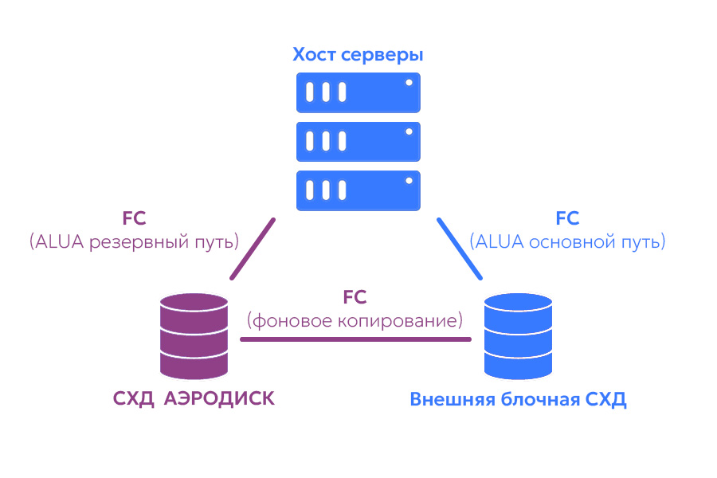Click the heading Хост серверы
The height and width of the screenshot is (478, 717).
pyautogui.click(x=358, y=54)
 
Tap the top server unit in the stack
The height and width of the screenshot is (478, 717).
pyautogui.click(x=358, y=92)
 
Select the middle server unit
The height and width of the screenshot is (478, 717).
pyautogui.click(x=358, y=141)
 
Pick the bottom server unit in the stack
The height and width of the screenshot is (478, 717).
pyautogui.click(x=358, y=190)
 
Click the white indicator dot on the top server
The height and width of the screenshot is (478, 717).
pyautogui.click(x=409, y=82)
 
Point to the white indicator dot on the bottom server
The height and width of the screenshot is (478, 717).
pyautogui.click(x=409, y=181)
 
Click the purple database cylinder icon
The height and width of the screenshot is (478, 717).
pyautogui.click(x=194, y=336)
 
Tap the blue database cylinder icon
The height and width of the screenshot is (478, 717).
pyautogui.click(x=518, y=336)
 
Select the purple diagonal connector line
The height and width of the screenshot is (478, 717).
pyautogui.click(x=253, y=249)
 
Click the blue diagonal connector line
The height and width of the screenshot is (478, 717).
pyautogui.click(x=460, y=249)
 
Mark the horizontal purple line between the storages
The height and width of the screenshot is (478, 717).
pyautogui.click(x=356, y=339)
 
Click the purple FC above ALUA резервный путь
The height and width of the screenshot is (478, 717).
pyautogui.click(x=134, y=218)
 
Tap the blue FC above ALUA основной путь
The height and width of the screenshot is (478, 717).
pyautogui.click(x=567, y=218)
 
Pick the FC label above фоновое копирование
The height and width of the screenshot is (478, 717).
pyautogui.click(x=355, y=297)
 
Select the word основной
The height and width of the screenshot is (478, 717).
pyautogui.click(x=572, y=242)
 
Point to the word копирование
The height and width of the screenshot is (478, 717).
pyautogui.click(x=398, y=320)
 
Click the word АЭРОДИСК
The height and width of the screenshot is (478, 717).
pyautogui.click(x=219, y=398)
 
